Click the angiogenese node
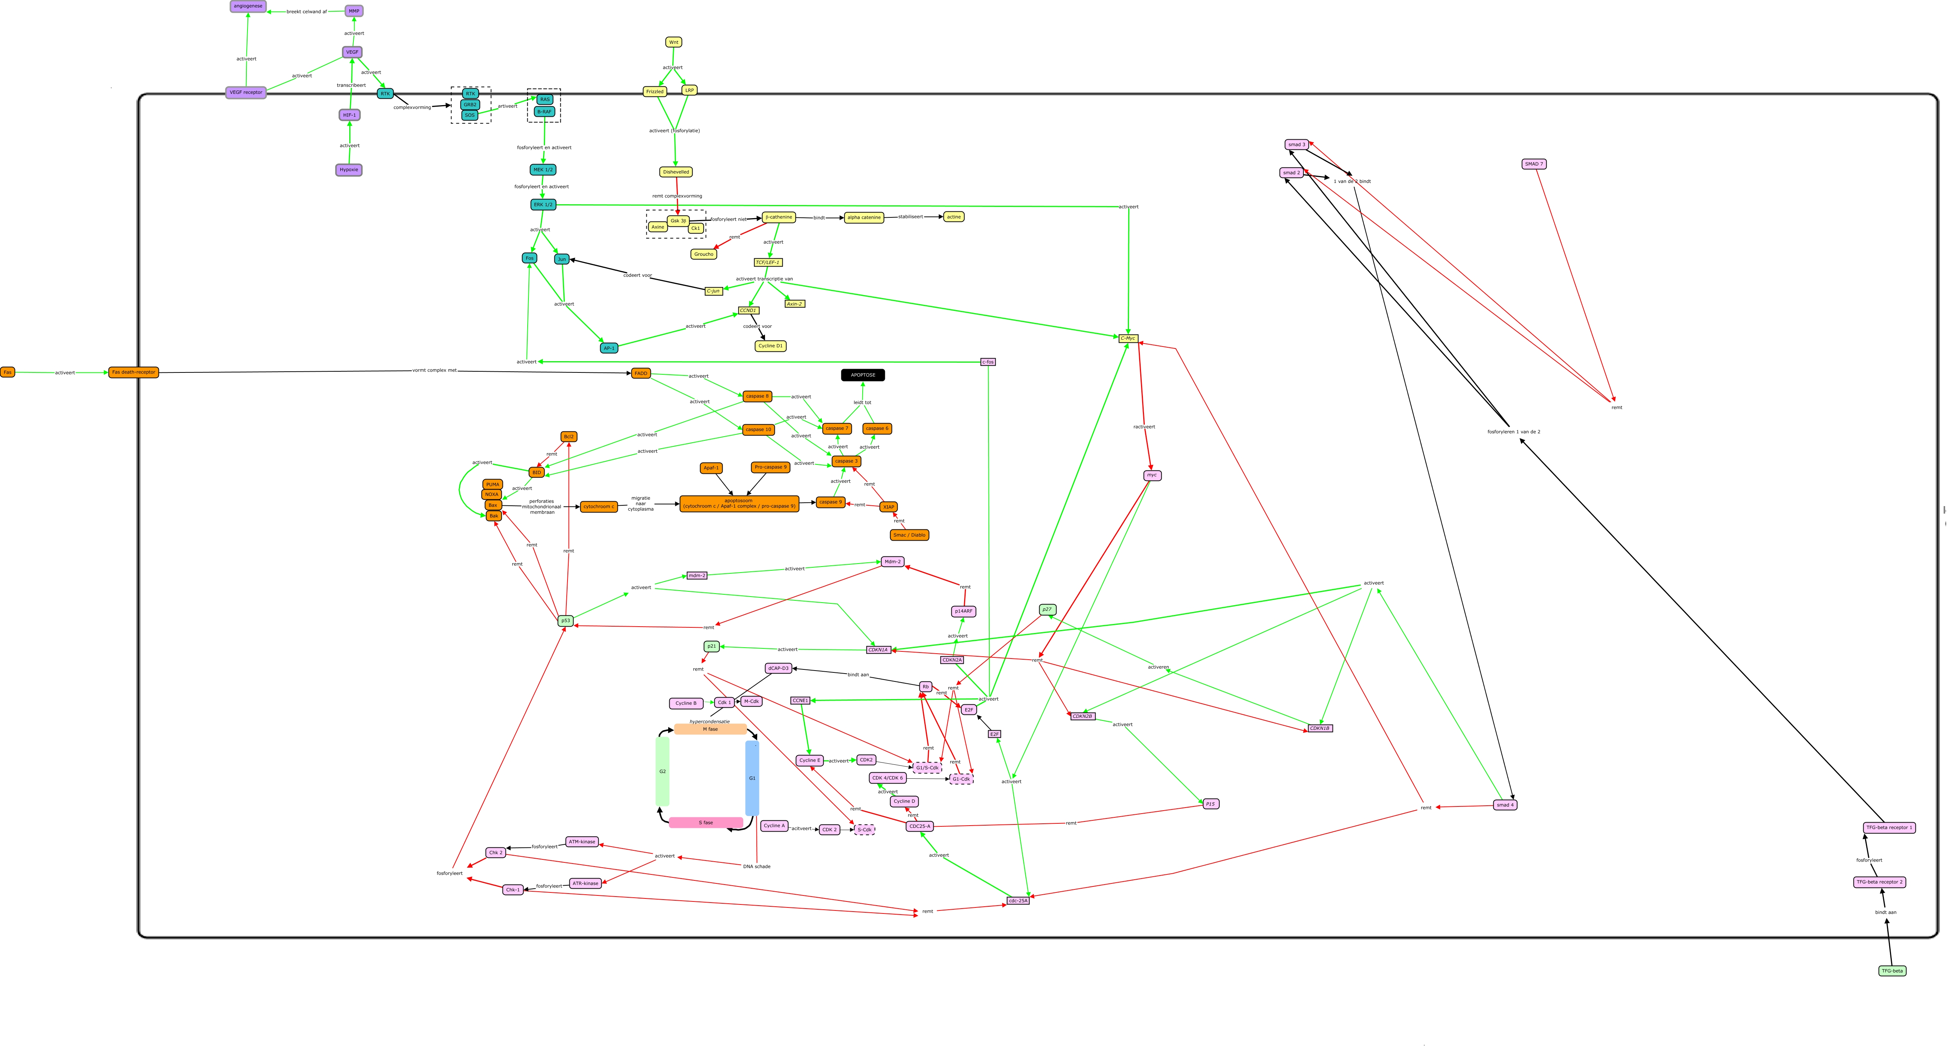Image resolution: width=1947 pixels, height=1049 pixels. pyautogui.click(x=248, y=6)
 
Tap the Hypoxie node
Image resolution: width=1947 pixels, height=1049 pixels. pyautogui.click(x=349, y=170)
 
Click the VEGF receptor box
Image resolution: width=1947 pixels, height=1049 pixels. pyautogui.click(x=246, y=92)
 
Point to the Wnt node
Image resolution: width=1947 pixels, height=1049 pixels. pyautogui.click(x=673, y=42)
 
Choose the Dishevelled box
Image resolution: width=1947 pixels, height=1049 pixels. pyautogui.click(x=676, y=172)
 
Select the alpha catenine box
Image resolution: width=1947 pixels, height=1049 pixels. pyautogui.click(x=863, y=218)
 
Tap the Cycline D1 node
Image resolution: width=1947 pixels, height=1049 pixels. pyautogui.click(x=770, y=346)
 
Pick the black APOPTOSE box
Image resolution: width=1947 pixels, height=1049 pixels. pyautogui.click(x=862, y=375)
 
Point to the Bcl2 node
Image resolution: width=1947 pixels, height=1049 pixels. pyautogui.click(x=568, y=437)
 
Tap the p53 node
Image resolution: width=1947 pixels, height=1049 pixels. pyautogui.click(x=565, y=621)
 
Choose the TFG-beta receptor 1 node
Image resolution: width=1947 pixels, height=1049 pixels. pyautogui.click(x=1889, y=827)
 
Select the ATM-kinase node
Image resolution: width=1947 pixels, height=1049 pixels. pyautogui.click(x=582, y=842)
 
